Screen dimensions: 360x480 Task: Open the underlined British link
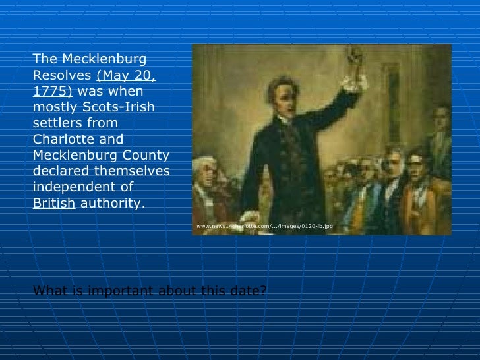(54, 204)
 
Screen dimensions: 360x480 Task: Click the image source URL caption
(264, 226)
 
